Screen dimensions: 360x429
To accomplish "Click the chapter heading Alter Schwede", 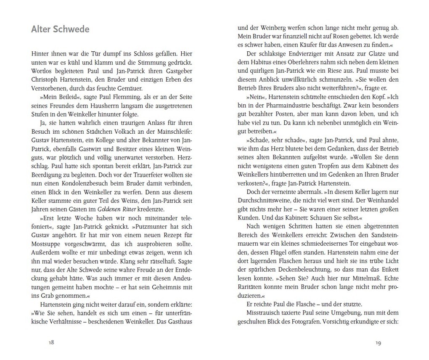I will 60,29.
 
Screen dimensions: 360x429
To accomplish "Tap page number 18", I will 51,342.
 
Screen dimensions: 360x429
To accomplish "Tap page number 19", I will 378,343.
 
